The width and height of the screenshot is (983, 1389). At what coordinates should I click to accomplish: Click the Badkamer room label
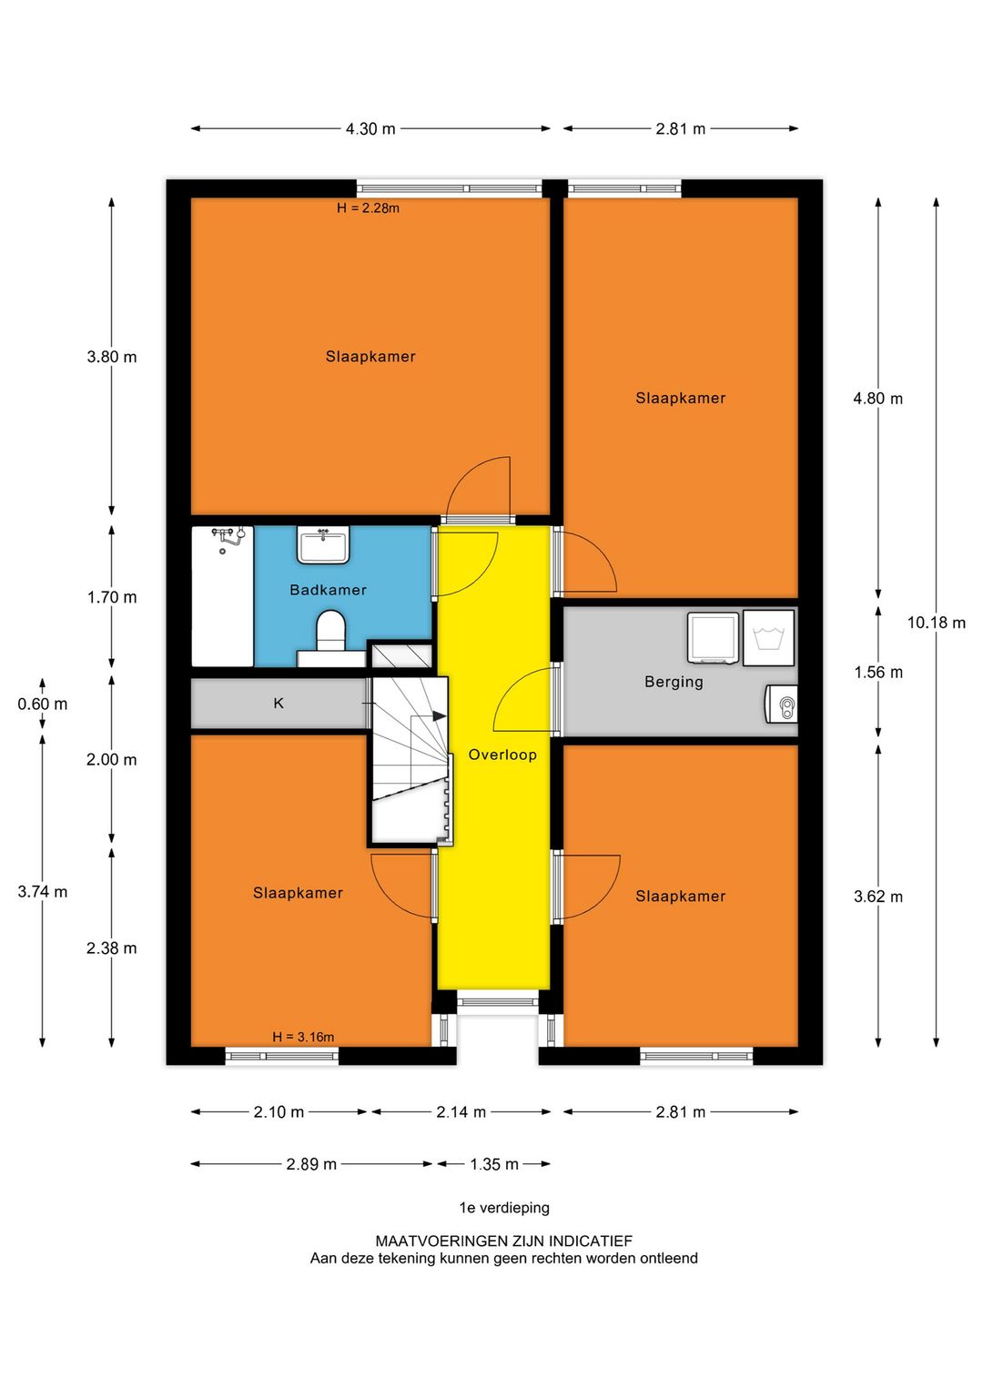(328, 590)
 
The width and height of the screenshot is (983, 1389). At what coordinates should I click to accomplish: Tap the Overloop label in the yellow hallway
(502, 755)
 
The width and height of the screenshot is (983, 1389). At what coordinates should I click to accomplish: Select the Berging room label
(674, 682)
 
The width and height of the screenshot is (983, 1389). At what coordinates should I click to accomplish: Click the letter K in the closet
(279, 704)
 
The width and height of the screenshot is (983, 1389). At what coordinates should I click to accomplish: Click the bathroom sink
(322, 545)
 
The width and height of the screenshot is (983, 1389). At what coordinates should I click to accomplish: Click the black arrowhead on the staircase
(439, 716)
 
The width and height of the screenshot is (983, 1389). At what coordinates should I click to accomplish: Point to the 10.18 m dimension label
(937, 623)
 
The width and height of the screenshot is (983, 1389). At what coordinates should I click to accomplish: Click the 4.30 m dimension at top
(370, 129)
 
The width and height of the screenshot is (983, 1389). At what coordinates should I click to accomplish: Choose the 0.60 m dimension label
(42, 704)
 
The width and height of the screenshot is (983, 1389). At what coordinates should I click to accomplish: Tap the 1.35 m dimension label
(493, 1164)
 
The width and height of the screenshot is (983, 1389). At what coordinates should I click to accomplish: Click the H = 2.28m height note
(368, 208)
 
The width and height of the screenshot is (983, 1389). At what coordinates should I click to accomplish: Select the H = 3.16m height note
(303, 1037)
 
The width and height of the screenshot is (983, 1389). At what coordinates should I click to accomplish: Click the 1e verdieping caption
(504, 1208)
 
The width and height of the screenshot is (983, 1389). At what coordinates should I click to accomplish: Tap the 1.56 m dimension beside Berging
(878, 672)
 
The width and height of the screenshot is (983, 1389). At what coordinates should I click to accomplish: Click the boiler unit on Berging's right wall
(782, 704)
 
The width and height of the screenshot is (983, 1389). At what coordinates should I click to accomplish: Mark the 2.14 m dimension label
(461, 1112)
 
